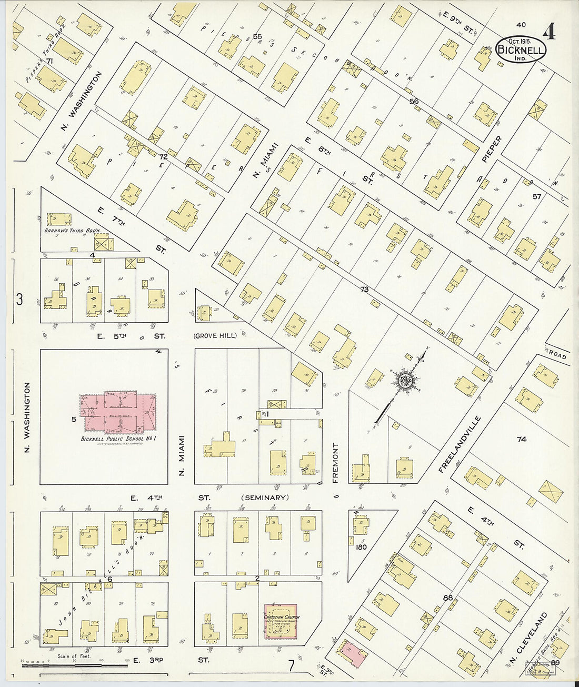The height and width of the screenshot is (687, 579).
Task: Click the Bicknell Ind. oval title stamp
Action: click(x=521, y=49)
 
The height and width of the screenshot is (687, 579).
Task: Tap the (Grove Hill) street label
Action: click(x=215, y=336)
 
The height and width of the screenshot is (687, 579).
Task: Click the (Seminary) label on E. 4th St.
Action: click(x=265, y=497)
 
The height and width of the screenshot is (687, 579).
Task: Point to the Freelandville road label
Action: click(x=459, y=444)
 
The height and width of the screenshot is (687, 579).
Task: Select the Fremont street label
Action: click(x=335, y=462)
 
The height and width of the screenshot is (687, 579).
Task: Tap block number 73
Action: click(x=364, y=289)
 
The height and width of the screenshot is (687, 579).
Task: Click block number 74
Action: click(x=521, y=439)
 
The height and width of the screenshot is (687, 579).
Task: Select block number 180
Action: click(x=361, y=547)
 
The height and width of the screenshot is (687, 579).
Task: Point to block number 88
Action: click(x=448, y=597)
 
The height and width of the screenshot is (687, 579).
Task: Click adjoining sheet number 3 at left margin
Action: click(x=19, y=300)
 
